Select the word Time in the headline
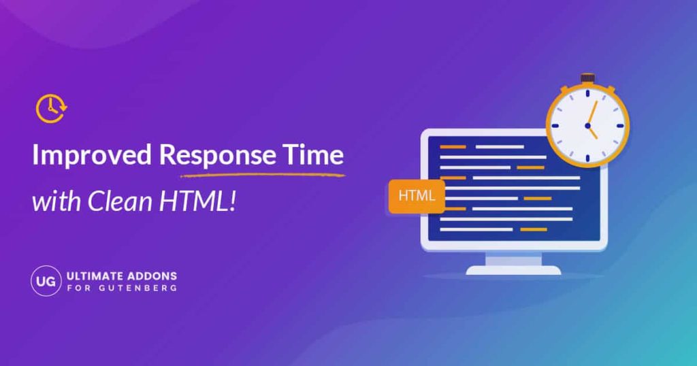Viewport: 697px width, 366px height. pyautogui.click(x=312, y=156)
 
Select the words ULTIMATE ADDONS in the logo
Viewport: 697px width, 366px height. pyautogui.click(x=121, y=276)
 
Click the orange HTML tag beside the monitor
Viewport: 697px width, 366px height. pyautogui.click(x=416, y=196)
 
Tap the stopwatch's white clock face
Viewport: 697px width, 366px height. pyautogui.click(x=587, y=127)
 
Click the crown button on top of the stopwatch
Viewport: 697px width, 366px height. pyautogui.click(x=587, y=79)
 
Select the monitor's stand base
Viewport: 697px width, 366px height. pyautogui.click(x=513, y=269)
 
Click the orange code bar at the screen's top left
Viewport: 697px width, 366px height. pyautogui.click(x=453, y=146)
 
